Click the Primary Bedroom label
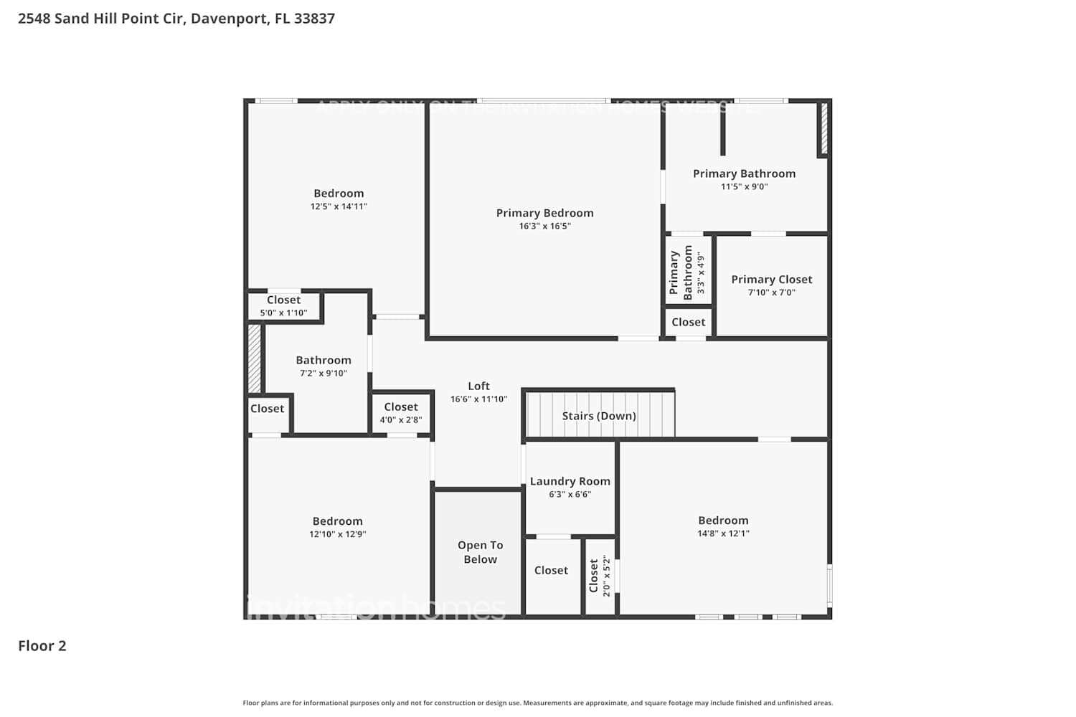click(x=544, y=213)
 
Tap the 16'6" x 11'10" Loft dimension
click(x=478, y=399)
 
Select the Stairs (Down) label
click(x=599, y=416)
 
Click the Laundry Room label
click(x=570, y=481)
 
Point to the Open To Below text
click(x=480, y=552)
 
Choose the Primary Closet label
click(x=771, y=280)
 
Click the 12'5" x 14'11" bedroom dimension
click(x=339, y=206)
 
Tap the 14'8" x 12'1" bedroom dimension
click(x=723, y=533)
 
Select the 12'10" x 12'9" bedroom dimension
click(x=337, y=534)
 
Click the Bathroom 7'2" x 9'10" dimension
click(x=323, y=374)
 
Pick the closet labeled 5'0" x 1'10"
click(x=283, y=306)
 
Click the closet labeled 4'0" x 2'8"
click(x=400, y=413)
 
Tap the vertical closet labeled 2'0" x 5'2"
click(x=600, y=576)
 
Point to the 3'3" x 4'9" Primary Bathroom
click(x=687, y=272)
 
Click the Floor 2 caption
click(x=42, y=646)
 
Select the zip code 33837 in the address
click(x=314, y=19)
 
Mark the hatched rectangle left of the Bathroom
click(x=254, y=358)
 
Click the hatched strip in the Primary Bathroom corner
click(x=823, y=129)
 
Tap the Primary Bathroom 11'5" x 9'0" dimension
click(x=744, y=187)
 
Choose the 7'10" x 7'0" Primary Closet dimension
click(x=771, y=293)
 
